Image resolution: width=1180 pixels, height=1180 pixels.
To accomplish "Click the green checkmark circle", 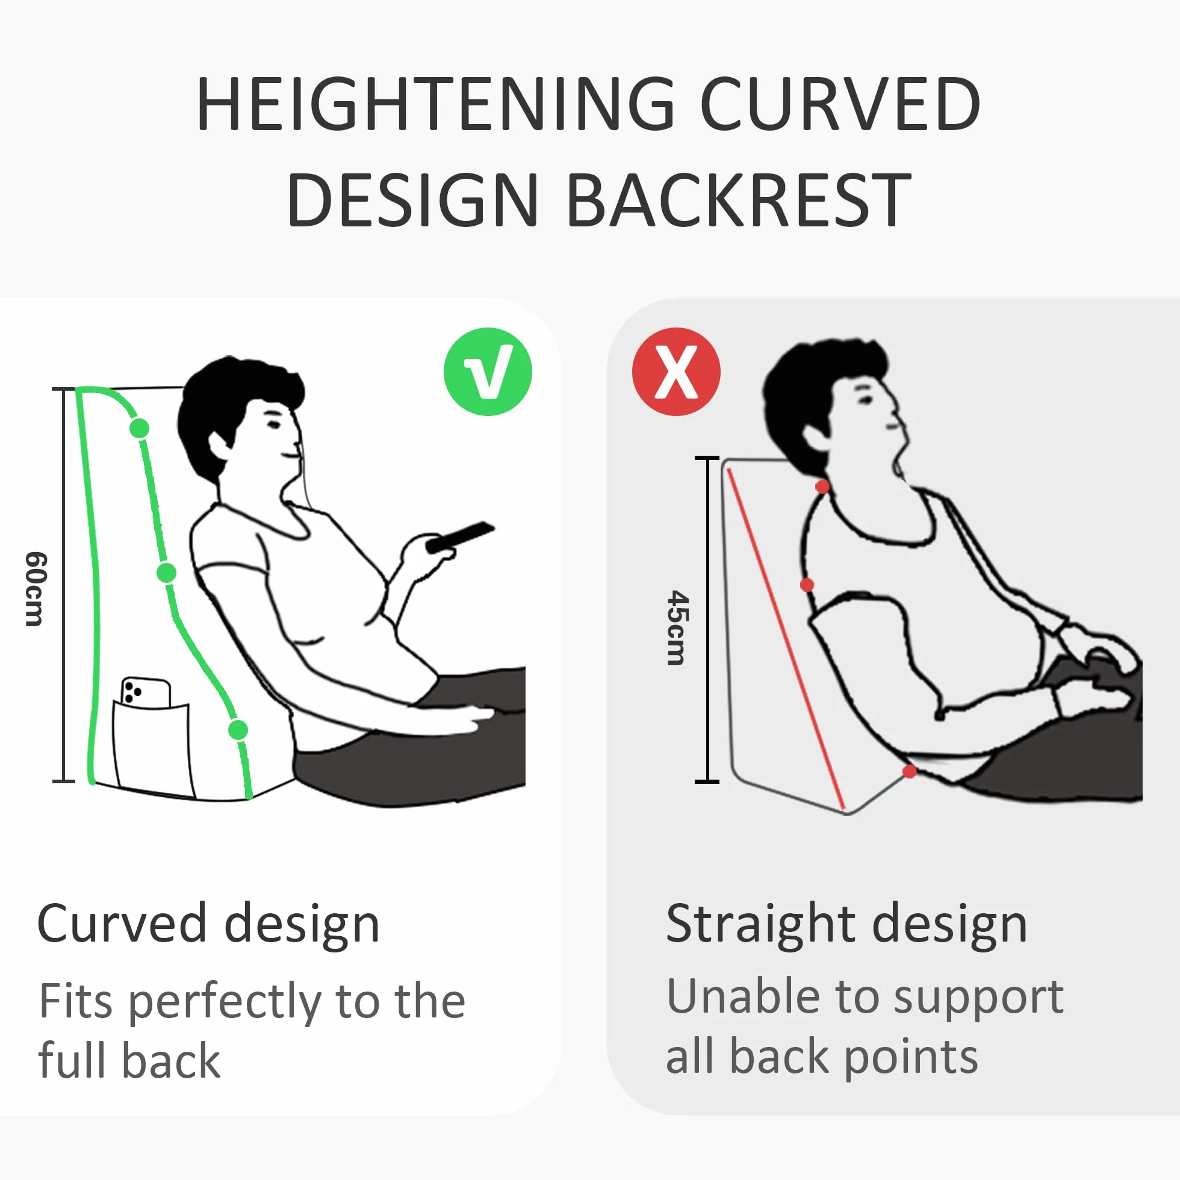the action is tap(488, 371).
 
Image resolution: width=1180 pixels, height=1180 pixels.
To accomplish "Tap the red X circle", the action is tap(676, 371).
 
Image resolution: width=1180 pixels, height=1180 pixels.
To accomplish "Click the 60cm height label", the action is tap(36, 589).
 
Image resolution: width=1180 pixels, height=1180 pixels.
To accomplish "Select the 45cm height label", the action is tap(677, 628).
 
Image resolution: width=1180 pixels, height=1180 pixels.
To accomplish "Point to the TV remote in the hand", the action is tap(460, 538).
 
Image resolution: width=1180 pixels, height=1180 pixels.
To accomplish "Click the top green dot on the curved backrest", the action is tap(139, 428).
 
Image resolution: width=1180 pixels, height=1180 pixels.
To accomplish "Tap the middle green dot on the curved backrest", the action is tap(167, 573).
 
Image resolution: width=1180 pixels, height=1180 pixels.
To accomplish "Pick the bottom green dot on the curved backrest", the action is tap(238, 729).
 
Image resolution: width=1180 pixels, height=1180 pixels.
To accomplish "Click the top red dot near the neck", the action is tap(822, 486).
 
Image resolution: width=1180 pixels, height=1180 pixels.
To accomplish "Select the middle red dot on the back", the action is tap(807, 585).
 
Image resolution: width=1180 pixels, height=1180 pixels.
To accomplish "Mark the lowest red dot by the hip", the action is tap(910, 771).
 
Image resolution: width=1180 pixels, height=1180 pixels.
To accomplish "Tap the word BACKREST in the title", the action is tap(739, 199).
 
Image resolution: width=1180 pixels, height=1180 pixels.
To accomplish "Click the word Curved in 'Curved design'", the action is tap(122, 923).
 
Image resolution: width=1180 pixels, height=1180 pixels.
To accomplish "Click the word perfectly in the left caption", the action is tap(225, 1003).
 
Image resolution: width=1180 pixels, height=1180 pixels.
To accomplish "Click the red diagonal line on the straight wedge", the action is tap(786, 639).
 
